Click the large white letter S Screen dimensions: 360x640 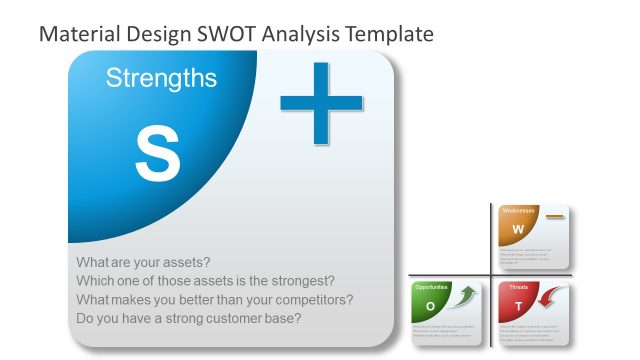click(x=157, y=154)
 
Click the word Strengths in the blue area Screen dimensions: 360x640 click(x=161, y=78)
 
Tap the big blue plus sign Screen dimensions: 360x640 click(x=321, y=102)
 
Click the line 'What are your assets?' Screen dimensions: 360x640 click(x=143, y=262)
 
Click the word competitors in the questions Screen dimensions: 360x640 click(x=315, y=300)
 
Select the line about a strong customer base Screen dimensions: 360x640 click(x=189, y=319)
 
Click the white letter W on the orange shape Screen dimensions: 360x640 click(x=518, y=230)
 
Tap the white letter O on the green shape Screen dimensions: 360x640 click(x=430, y=306)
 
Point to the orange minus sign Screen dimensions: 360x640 click(x=555, y=216)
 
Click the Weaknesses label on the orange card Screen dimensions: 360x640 click(x=519, y=211)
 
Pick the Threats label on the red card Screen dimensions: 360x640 click(x=519, y=287)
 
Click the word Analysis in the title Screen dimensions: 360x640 click(x=304, y=34)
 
